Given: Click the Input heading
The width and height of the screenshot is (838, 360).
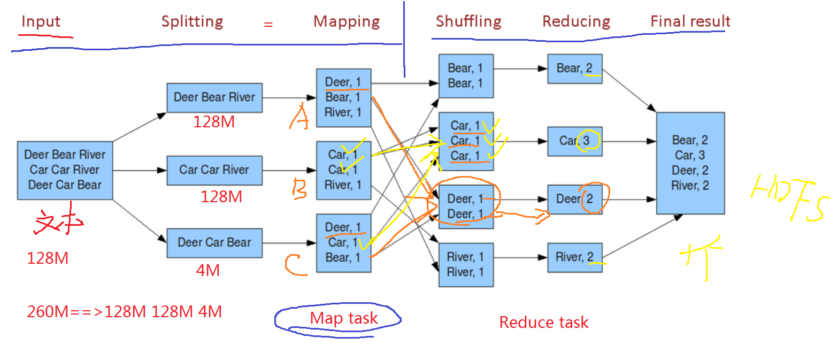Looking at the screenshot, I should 41,22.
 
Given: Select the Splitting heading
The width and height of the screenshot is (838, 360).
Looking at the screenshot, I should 192,22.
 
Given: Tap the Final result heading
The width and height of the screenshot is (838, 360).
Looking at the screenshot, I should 690,21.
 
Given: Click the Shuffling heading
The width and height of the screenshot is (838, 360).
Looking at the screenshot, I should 468,21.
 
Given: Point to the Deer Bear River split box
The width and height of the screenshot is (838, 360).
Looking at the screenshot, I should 214,98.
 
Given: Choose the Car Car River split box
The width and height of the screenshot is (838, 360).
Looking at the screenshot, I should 214,170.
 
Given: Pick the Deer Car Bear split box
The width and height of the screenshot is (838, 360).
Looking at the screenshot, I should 214,242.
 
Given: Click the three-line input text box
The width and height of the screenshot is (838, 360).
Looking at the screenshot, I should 65,170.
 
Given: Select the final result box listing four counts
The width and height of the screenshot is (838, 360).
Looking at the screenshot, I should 690,163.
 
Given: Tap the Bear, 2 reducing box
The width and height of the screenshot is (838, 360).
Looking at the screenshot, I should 575,68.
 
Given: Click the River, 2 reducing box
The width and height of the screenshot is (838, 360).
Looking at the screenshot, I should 575,257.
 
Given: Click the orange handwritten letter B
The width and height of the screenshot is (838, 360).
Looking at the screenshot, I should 299,189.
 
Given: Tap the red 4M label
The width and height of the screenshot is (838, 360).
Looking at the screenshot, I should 208,270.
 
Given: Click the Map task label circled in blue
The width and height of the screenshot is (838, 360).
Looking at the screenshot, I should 344,319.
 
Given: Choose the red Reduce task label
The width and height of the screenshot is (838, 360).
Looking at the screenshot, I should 543,323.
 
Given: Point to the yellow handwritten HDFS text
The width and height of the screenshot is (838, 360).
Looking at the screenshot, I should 790,199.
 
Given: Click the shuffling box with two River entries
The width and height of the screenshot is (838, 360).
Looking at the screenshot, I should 465,265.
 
